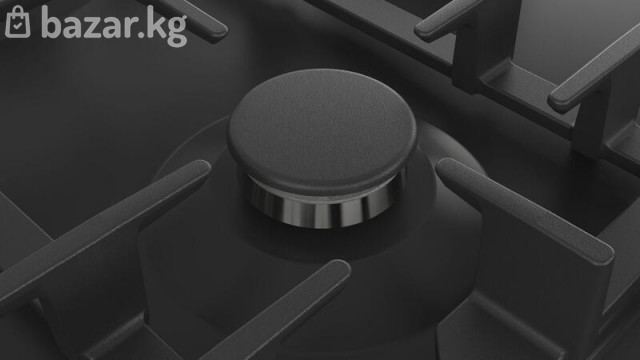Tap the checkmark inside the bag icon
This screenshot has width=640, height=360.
[18, 26]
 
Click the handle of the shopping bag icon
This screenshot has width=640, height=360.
[18, 10]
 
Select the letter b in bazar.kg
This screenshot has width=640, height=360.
[52, 22]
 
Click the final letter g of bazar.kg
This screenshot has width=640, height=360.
[177, 30]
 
